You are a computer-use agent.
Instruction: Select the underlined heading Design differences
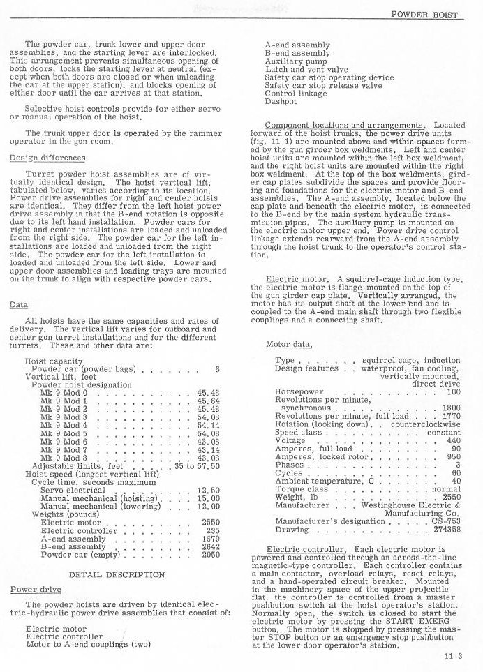47,158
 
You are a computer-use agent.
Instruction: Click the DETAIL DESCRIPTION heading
117,574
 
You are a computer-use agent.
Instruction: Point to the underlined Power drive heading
35,589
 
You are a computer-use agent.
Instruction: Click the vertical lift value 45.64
208,401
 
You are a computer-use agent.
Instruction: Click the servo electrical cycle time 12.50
208,491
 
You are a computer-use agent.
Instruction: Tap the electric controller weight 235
213,530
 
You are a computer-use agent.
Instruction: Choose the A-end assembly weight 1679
210,539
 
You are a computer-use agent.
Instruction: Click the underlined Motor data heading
289,345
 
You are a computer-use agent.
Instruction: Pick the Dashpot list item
281,101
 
